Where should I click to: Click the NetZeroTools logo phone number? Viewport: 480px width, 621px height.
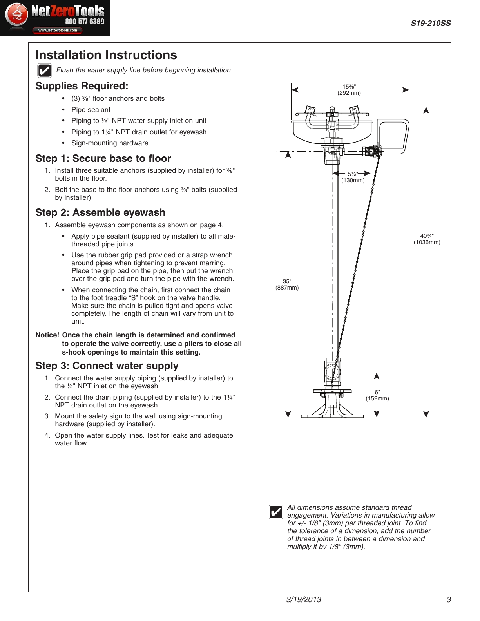point(85,22)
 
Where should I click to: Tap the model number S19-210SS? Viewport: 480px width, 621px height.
point(431,24)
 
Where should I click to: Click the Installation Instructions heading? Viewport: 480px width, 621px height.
point(106,55)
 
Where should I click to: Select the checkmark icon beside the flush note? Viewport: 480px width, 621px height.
point(44,71)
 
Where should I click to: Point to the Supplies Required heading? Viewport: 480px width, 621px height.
point(82,86)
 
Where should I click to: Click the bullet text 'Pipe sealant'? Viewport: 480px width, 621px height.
point(91,110)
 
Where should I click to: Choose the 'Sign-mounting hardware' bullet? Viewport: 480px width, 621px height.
point(110,143)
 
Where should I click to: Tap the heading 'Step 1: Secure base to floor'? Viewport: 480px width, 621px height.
point(103,159)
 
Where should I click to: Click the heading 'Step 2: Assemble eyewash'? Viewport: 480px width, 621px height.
point(100,213)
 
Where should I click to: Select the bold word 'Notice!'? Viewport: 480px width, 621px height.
point(47,335)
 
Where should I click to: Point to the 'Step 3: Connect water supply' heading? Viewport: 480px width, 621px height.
point(107,366)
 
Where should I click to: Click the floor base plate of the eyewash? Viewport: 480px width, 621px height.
point(332,416)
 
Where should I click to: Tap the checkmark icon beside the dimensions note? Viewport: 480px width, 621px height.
point(276,512)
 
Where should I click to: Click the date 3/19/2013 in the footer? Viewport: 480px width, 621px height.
point(304,599)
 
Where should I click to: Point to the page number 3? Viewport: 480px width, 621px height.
point(449,599)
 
